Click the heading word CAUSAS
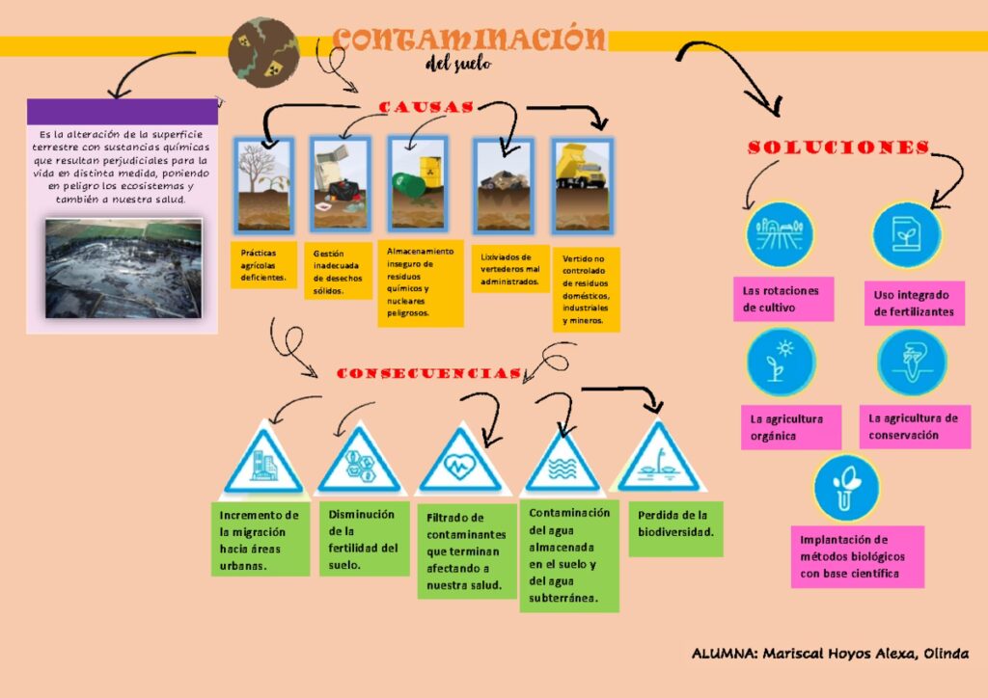pyautogui.click(x=425, y=107)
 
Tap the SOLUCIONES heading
pyautogui.click(x=838, y=148)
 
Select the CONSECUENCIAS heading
pyautogui.click(x=429, y=373)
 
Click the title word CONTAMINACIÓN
pyautogui.click(x=469, y=40)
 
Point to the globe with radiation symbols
pyautogui.click(x=263, y=52)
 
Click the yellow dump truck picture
pyautogui.click(x=582, y=185)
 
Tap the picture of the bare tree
pyautogui.click(x=263, y=185)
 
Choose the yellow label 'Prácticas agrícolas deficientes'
pyautogui.click(x=263, y=265)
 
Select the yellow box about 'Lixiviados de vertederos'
pyautogui.click(x=510, y=269)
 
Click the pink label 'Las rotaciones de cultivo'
pyautogui.click(x=782, y=299)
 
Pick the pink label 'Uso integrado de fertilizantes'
pyautogui.click(x=913, y=303)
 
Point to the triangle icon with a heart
pyautogui.click(x=459, y=462)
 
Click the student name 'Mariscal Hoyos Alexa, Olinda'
pyautogui.click(x=830, y=654)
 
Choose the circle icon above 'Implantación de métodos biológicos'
pyautogui.click(x=846, y=488)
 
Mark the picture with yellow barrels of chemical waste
pyautogui.click(x=417, y=183)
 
